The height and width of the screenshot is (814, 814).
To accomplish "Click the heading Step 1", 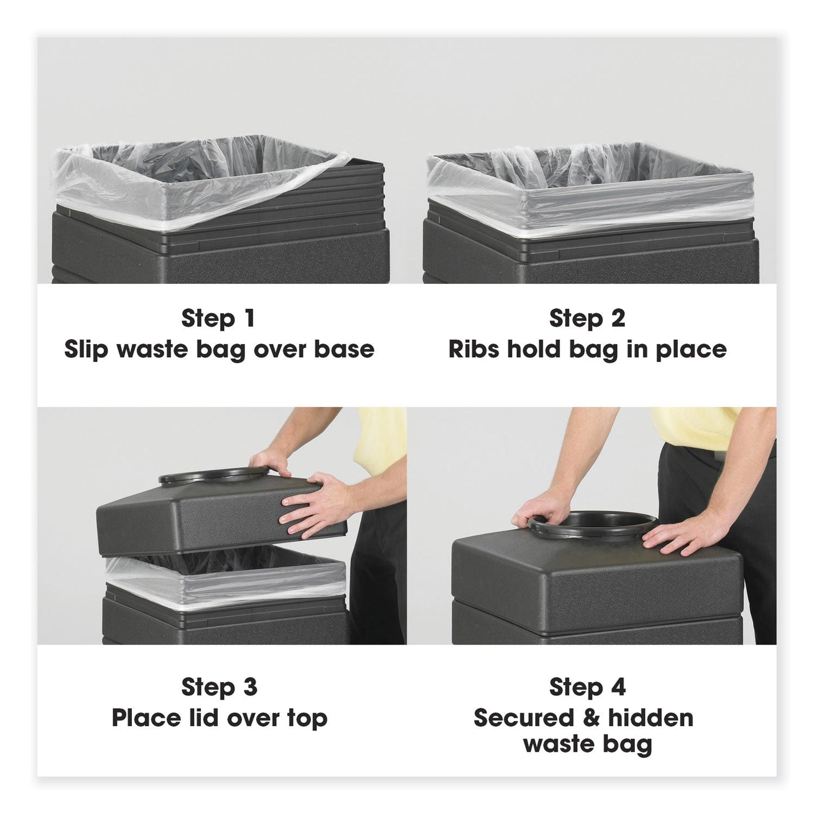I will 218,318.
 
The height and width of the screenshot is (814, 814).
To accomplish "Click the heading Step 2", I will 587,318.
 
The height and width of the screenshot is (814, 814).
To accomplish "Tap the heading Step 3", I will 219,687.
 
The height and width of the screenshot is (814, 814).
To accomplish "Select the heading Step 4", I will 587,687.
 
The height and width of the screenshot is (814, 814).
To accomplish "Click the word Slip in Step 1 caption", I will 86,349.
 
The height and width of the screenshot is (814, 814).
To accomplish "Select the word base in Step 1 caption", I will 344,349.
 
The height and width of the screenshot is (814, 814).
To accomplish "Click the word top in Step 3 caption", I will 307,718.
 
